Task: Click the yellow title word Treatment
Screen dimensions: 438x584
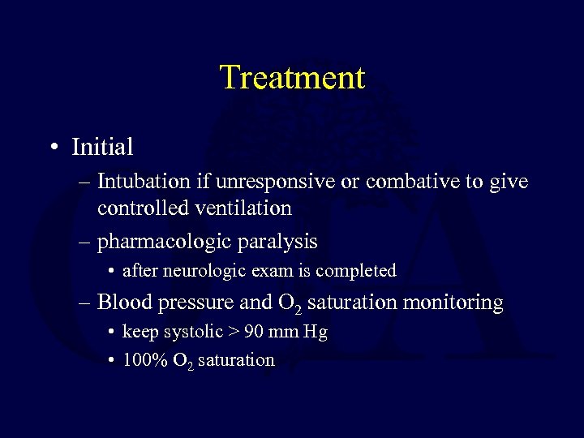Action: [292, 78]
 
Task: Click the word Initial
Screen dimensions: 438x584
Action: [102, 148]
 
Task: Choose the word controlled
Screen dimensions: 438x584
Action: [144, 208]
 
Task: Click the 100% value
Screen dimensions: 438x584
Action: [142, 360]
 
